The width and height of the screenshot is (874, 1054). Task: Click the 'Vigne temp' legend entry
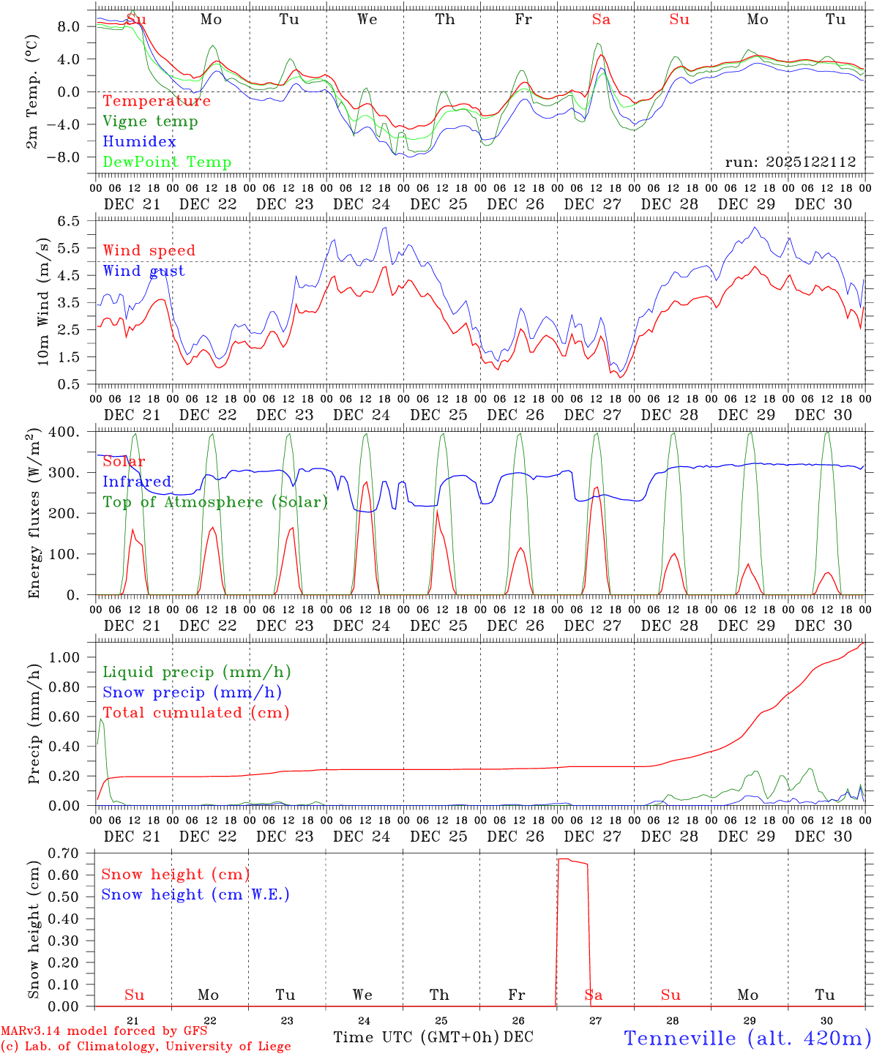pos(150,122)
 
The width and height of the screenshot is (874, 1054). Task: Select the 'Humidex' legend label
pos(139,142)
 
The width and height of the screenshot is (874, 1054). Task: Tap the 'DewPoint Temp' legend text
pos(167,162)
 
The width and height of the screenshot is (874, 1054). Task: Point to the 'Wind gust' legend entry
pos(143,271)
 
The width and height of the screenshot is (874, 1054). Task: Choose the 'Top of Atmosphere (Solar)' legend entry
pos(214,502)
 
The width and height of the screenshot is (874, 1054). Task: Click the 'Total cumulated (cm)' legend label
pos(195,712)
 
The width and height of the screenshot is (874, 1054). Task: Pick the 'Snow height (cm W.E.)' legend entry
pos(195,894)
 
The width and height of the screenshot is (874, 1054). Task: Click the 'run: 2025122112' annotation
pos(790,162)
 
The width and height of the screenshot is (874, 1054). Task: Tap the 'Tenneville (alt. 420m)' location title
pos(747,1038)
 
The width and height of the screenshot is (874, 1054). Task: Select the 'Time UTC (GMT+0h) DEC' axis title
pos(433,1037)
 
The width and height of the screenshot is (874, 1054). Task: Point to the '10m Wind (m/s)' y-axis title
pos(43,301)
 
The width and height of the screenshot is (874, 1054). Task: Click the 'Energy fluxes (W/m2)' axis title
pos(34,515)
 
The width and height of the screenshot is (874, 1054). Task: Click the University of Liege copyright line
pos(146,1046)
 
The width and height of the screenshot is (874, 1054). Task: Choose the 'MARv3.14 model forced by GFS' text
pos(103,1031)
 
